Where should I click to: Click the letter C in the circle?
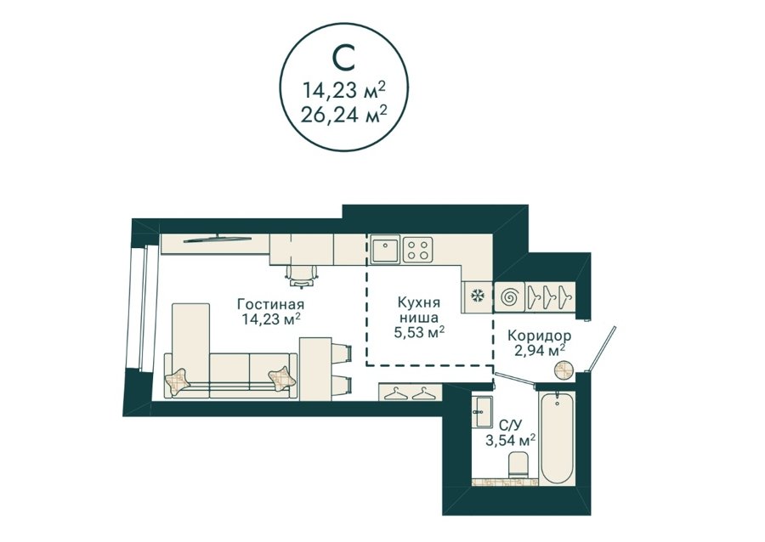pos(343,59)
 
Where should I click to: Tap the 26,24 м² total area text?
pos(344,115)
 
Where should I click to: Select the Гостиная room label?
pos(271,304)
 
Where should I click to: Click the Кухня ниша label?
pos(418,309)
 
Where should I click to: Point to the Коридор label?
pos(539,336)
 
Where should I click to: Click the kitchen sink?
pos(385,249)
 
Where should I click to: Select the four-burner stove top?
pos(418,249)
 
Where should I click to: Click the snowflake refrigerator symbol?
pos(477,296)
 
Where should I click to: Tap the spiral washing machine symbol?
pos(510,296)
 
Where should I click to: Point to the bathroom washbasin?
pos(483,411)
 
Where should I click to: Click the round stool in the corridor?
pos(565,370)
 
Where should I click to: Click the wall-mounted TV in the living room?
pos(218,238)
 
